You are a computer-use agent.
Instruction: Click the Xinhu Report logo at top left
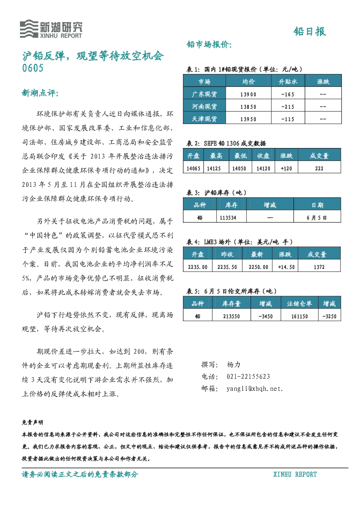pyautogui.click(x=51, y=29)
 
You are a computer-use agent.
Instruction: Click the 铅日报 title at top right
pyautogui.click(x=310, y=31)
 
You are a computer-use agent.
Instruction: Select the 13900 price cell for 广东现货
pyautogui.click(x=248, y=94)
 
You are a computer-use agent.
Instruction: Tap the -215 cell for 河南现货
pyautogui.click(x=288, y=107)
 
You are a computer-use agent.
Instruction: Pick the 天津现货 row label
pyautogui.click(x=204, y=119)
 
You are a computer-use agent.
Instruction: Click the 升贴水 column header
pyautogui.click(x=288, y=82)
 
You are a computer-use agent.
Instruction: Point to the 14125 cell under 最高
pyautogui.click(x=214, y=168)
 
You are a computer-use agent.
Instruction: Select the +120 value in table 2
pyautogui.click(x=286, y=168)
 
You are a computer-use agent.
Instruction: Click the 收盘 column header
pyautogui.click(x=263, y=156)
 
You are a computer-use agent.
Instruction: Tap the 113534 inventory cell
pyautogui.click(x=228, y=218)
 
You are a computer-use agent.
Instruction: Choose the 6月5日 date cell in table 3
pyautogui.click(x=316, y=218)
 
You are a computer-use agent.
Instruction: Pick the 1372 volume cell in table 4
pyautogui.click(x=319, y=267)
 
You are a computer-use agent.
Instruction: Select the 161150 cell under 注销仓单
pyautogui.click(x=299, y=316)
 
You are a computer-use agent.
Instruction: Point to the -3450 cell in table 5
pyautogui.click(x=265, y=316)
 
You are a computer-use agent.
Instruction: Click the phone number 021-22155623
pyautogui.click(x=248, y=377)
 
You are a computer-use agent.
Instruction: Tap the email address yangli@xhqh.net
pyautogui.click(x=254, y=389)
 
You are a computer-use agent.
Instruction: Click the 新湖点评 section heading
pyautogui.click(x=40, y=93)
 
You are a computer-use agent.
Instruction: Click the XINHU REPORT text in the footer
pyautogui.click(x=295, y=474)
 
